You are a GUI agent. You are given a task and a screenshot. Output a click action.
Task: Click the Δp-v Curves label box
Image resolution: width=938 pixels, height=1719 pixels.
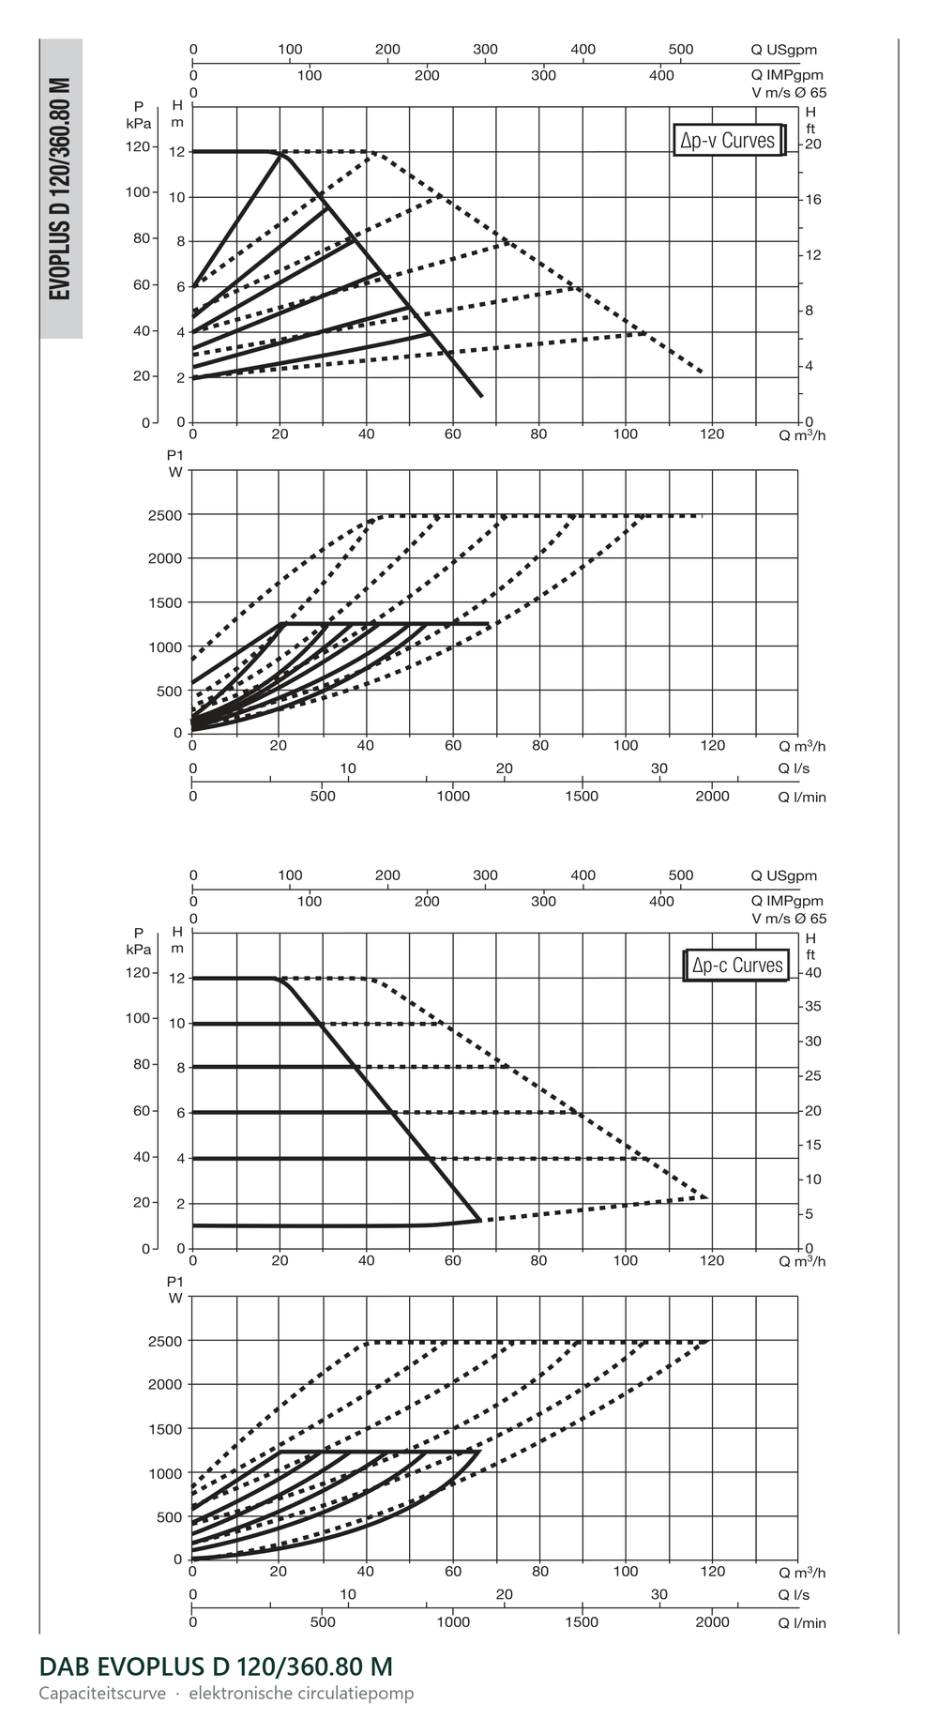[729, 141]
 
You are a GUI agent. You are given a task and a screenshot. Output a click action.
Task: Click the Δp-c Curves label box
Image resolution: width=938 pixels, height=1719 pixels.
[736, 966]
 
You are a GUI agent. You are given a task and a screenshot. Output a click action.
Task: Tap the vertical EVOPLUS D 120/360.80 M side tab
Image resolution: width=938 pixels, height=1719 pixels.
[61, 189]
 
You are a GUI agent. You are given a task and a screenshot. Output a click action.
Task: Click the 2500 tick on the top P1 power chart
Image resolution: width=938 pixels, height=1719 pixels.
[165, 515]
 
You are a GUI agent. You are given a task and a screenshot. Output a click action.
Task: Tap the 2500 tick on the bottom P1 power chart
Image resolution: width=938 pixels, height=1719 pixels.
[165, 1341]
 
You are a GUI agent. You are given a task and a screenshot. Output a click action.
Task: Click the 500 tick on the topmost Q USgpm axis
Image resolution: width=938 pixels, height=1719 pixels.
[681, 50]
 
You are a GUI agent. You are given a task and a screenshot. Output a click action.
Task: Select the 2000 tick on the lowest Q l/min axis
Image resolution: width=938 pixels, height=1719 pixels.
[713, 1621]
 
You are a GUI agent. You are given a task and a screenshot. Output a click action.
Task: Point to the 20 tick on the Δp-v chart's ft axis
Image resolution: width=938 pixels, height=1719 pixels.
[813, 144]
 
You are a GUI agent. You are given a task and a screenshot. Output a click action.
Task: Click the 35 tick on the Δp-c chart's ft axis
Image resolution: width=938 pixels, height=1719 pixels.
[813, 1006]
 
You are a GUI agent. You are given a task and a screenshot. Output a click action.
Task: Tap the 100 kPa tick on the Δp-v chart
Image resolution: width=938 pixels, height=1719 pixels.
[137, 192]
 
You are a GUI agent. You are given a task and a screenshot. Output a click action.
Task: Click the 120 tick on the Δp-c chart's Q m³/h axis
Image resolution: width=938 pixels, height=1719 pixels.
[713, 1260]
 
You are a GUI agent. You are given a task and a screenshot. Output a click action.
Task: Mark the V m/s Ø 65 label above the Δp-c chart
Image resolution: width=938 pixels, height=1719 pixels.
[789, 919]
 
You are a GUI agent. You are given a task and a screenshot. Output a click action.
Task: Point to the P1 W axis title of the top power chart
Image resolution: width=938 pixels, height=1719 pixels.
[175, 464]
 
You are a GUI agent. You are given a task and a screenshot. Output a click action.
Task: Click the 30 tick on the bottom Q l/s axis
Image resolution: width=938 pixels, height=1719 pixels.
[659, 1594]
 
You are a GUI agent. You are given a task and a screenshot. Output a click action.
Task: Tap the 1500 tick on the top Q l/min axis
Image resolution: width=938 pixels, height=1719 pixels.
[582, 797]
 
